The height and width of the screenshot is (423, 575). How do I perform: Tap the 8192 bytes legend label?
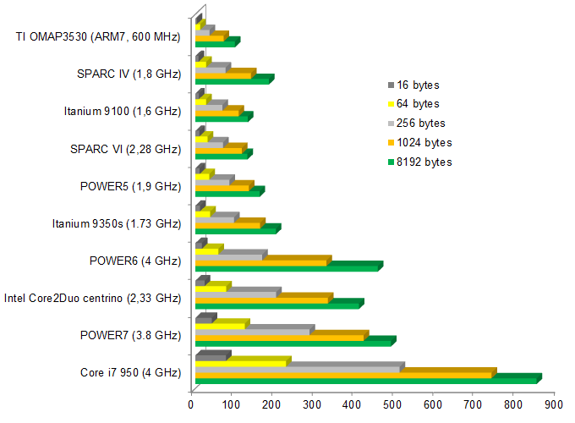423,162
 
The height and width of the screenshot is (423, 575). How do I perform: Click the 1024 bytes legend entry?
423,142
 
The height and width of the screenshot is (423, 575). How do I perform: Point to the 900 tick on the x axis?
554,405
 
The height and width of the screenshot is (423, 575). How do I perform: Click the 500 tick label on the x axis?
393,405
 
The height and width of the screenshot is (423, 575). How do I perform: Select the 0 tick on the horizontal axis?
191,405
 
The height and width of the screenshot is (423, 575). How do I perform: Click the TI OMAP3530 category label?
98,36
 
